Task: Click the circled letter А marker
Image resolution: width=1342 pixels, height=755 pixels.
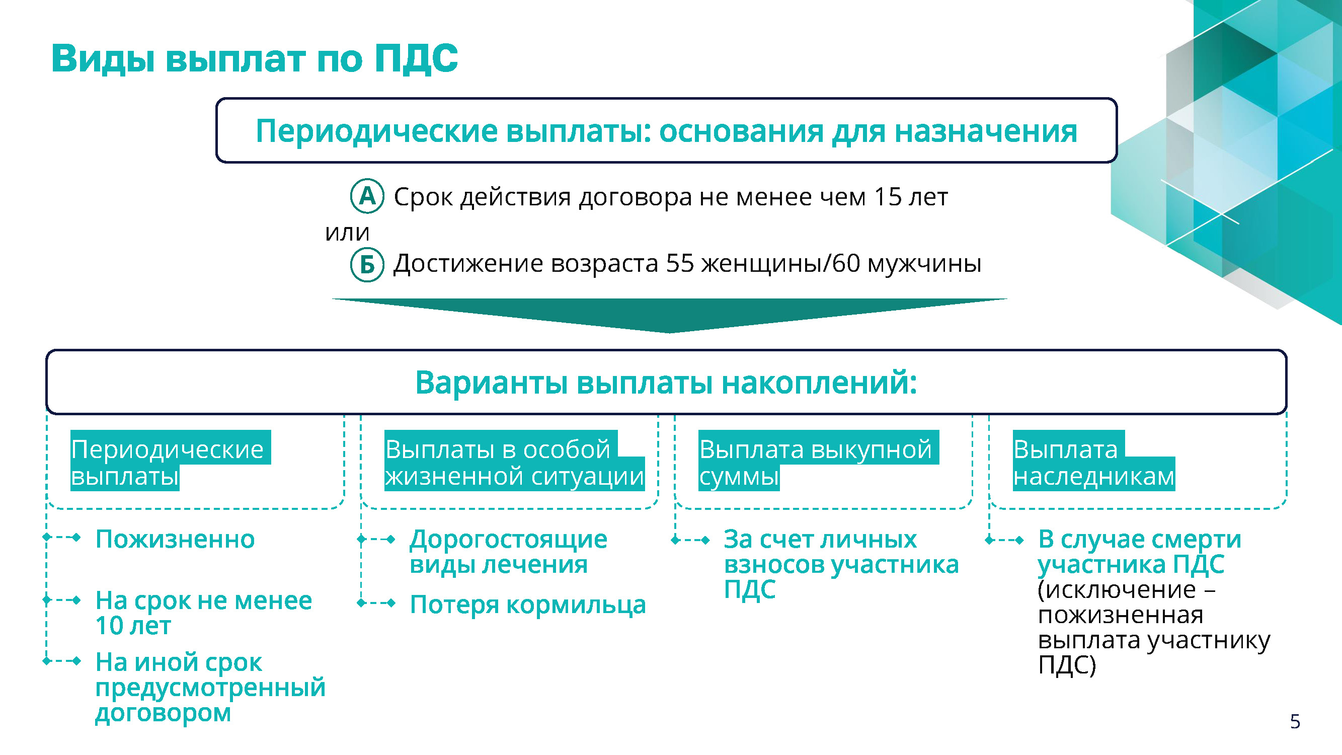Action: [x=367, y=196]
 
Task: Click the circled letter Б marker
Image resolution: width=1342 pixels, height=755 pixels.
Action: [x=367, y=265]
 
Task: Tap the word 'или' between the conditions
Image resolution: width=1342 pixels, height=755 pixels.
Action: [x=347, y=233]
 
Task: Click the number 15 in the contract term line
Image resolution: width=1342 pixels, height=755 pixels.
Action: [x=888, y=196]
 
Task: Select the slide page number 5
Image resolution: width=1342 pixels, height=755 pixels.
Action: [x=1295, y=722]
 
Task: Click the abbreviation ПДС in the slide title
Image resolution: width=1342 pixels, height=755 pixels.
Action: [x=416, y=58]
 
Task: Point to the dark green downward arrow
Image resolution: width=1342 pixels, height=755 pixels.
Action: [x=669, y=315]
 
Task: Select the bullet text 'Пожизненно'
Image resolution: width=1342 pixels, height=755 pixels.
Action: [x=175, y=539]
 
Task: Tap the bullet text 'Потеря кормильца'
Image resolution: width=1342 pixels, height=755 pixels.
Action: [x=528, y=605]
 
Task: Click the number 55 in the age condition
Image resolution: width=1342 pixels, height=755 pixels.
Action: [x=680, y=263]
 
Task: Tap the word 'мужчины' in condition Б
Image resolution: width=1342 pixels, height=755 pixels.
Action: [x=924, y=265]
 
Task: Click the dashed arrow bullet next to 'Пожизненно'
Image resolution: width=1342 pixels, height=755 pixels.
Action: [x=62, y=537]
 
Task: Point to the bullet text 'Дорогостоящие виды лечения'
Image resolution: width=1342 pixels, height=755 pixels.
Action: [x=508, y=552]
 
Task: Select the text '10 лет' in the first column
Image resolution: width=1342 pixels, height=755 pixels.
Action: [x=133, y=626]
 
